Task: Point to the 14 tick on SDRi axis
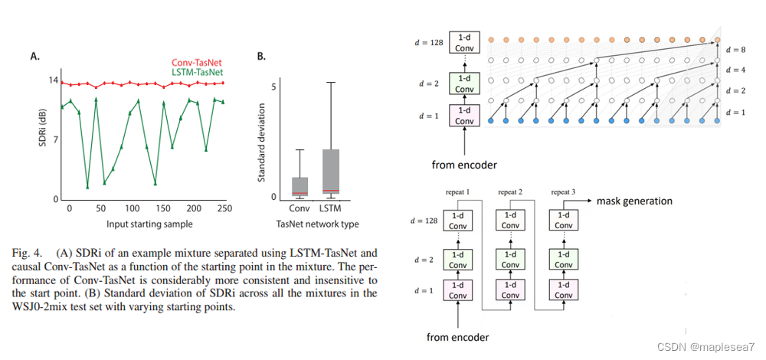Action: [54, 80]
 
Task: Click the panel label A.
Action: [35, 56]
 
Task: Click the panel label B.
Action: [262, 56]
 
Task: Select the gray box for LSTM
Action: [330, 172]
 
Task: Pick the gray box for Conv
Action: [300, 187]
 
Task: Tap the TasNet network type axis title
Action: [317, 224]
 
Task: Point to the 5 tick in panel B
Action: [273, 87]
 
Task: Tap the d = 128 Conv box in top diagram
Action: [463, 42]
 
